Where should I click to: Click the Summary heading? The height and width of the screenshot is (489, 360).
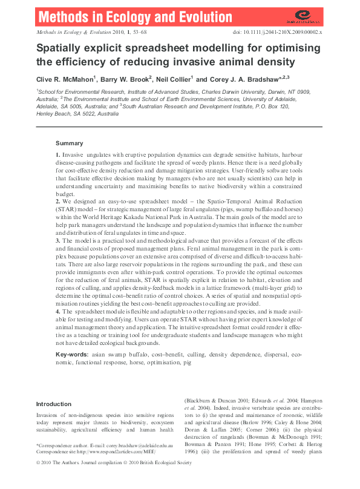69,143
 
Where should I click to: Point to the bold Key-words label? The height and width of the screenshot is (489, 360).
73,353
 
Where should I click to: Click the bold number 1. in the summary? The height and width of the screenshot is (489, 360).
58,156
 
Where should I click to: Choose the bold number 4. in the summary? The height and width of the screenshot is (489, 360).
58,310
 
